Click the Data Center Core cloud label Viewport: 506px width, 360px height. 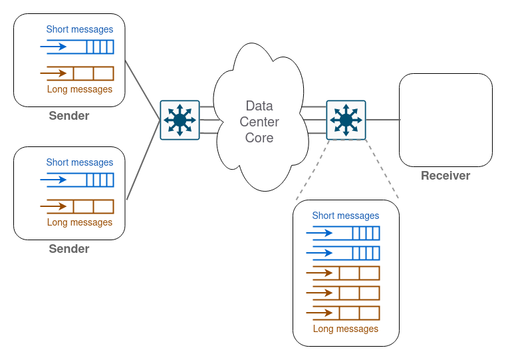click(x=259, y=122)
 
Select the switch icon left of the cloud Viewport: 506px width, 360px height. click(x=180, y=120)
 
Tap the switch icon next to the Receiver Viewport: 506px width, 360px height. click(x=346, y=120)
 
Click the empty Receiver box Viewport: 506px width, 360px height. click(x=445, y=120)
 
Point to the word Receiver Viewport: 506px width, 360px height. click(x=445, y=176)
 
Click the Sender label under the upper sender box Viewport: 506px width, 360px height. click(x=69, y=116)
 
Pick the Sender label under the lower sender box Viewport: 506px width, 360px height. click(x=69, y=250)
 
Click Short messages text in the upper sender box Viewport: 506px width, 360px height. click(x=80, y=29)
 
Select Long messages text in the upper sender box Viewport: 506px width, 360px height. click(x=80, y=89)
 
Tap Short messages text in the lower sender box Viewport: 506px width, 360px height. click(x=80, y=162)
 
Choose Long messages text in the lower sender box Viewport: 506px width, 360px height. click(x=80, y=222)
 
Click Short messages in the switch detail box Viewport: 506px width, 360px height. click(x=346, y=216)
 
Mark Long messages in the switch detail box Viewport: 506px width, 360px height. click(x=346, y=329)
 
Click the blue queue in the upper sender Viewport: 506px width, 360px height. click(x=92, y=47)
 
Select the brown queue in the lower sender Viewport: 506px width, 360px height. click(x=92, y=206)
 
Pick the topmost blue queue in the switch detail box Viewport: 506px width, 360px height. click(x=358, y=233)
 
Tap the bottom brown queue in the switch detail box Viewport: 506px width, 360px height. click(x=358, y=313)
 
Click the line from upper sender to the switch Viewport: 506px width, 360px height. click(x=142, y=90)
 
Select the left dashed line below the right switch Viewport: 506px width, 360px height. click(x=311, y=170)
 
